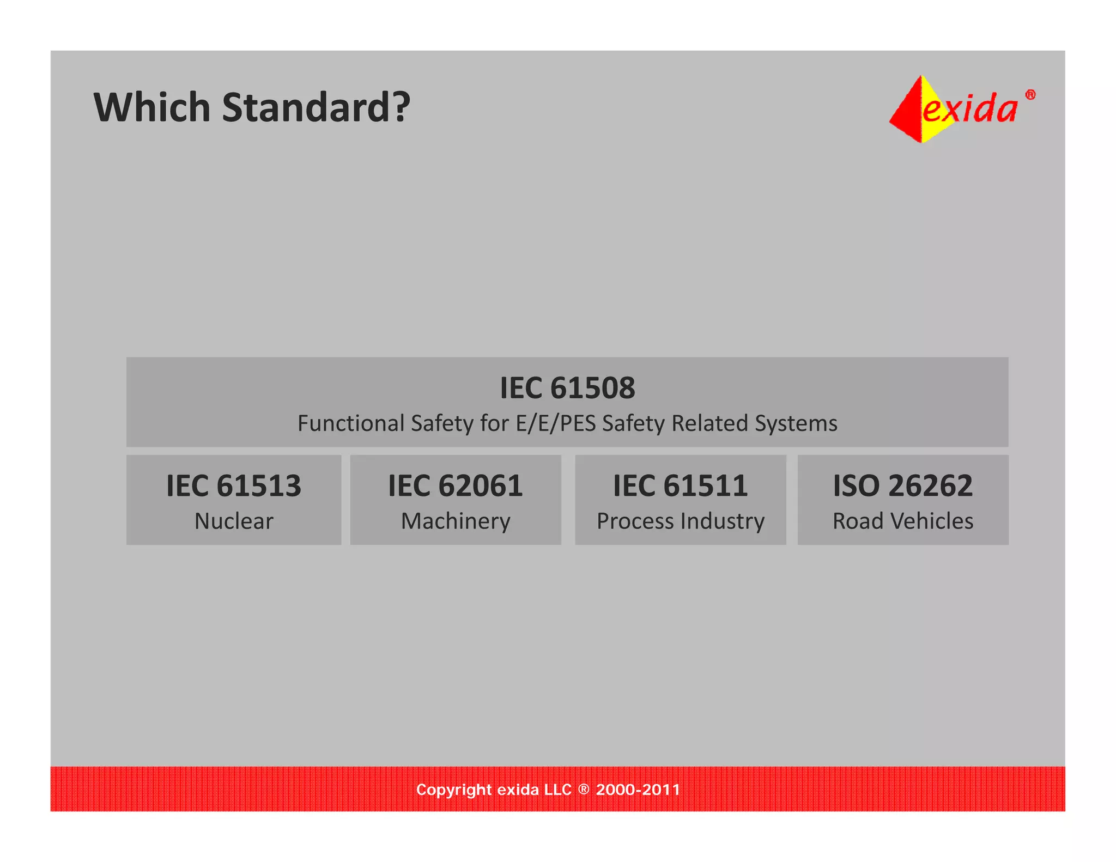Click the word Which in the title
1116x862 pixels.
(152, 107)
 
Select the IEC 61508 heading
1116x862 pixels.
(567, 388)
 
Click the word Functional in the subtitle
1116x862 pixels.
(350, 423)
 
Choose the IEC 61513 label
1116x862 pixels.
(234, 485)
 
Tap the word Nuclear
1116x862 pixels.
(234, 521)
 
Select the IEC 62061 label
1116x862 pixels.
(456, 485)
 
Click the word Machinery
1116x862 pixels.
(456, 521)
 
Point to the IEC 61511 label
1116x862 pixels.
(680, 485)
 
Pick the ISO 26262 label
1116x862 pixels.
(902, 485)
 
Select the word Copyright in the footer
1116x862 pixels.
(454, 790)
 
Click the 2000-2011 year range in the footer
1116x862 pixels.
(638, 790)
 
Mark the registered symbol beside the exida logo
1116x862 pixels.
(1030, 95)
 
